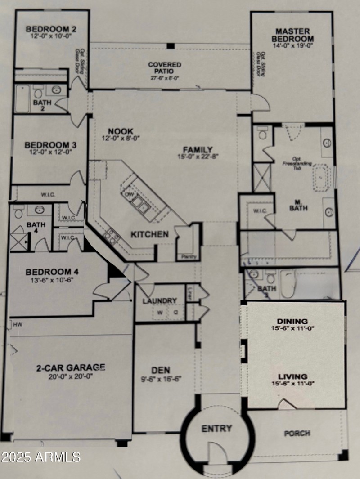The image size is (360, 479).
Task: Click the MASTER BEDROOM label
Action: pos(292,35)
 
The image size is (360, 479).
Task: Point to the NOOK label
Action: pos(117,131)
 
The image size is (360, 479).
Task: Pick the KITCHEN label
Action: pos(150,234)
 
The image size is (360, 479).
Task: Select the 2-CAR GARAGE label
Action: pos(71,367)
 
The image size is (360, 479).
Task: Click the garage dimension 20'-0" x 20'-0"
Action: pos(71,376)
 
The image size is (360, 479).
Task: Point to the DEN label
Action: pos(161,370)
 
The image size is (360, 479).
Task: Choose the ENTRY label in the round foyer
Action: pos(217,428)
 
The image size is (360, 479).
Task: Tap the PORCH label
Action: pos(297,433)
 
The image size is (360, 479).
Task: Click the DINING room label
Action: pos(292,321)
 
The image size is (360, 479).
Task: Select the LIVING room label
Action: pos(292,376)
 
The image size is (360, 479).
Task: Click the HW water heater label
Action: pos(18,324)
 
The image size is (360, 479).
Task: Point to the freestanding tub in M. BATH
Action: pos(320,178)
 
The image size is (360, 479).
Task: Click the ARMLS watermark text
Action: pos(40,457)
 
